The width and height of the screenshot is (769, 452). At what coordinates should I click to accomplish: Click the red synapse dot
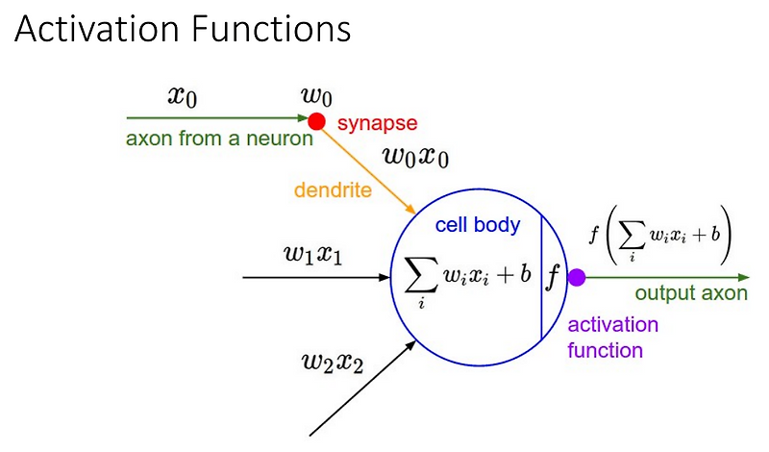(x=315, y=121)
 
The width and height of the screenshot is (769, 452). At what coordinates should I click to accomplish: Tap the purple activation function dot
(x=577, y=278)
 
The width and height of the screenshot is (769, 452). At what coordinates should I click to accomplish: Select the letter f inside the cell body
(x=553, y=276)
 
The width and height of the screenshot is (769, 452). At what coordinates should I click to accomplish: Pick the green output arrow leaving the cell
(x=663, y=278)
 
